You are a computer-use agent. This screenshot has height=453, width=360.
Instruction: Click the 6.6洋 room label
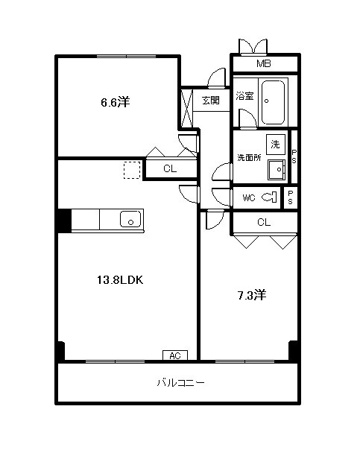(116, 102)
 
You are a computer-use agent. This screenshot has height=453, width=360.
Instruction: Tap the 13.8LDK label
(120, 280)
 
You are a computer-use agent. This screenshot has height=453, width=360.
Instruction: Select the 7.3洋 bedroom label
(252, 295)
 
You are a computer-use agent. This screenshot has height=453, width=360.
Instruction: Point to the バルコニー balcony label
(181, 382)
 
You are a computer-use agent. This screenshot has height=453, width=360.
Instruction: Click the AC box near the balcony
(175, 355)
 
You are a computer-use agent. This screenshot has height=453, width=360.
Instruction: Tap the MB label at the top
(264, 63)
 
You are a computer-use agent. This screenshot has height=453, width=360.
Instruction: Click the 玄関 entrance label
(211, 101)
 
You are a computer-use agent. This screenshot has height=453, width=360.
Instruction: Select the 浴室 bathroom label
(244, 96)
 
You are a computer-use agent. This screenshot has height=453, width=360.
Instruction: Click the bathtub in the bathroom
(273, 102)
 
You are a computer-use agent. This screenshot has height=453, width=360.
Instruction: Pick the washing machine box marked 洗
(275, 144)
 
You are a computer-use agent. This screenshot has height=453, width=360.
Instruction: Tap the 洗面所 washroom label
(250, 157)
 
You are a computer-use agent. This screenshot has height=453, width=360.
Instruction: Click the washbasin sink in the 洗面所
(277, 170)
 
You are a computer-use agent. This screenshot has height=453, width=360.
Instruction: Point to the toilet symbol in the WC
(269, 197)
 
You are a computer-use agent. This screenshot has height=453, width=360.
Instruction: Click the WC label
(249, 198)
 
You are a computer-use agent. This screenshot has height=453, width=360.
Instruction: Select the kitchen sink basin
(130, 219)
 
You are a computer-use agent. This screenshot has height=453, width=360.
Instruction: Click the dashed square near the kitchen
(132, 170)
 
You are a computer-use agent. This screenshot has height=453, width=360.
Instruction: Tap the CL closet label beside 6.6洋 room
(170, 168)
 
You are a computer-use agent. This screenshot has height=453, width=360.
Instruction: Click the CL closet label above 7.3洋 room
(264, 222)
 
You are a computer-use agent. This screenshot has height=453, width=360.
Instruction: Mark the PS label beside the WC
(291, 197)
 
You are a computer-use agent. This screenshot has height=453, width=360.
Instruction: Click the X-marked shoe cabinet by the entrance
(186, 108)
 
